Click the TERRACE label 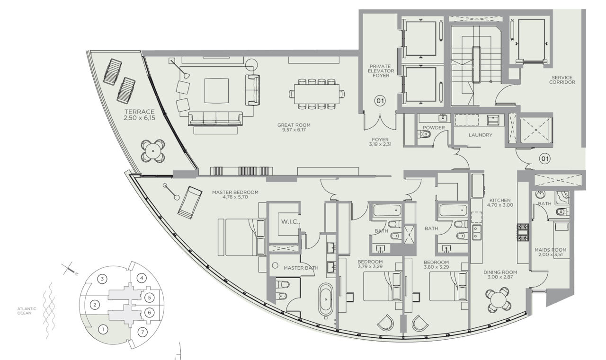pos(139,112)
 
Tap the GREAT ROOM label pos(294,125)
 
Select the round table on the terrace pos(153,151)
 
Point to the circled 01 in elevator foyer pos(380,101)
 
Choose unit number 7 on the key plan pos(143,333)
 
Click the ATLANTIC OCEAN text pos(27,311)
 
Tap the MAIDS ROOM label pos(550,250)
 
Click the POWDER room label pos(434,128)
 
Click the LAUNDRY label pos(481,135)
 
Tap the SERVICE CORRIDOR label pos(562,80)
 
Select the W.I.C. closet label pos(290,222)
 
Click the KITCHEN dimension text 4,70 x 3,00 pos(500,205)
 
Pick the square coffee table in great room pos(216,90)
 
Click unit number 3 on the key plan pos(102,279)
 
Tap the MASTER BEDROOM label pos(235,192)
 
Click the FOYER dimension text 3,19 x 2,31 pos(380,144)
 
